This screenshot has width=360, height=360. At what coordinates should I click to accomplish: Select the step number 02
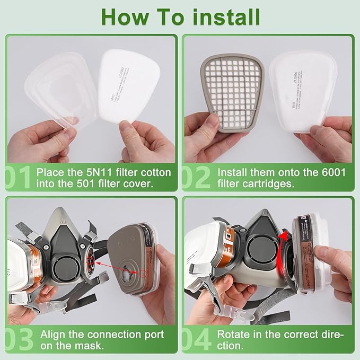[196, 178]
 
